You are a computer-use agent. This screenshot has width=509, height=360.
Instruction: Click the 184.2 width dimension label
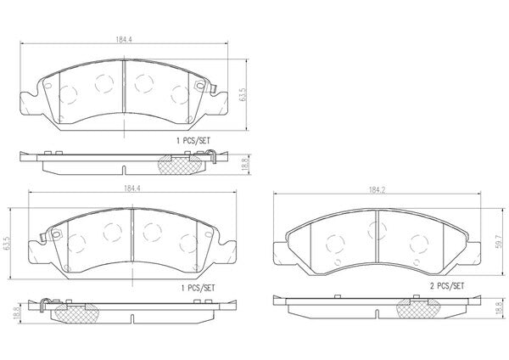point(377,190)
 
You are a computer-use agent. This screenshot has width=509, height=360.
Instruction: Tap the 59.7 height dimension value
point(498,242)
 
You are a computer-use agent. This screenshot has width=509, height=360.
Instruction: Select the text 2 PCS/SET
point(447,286)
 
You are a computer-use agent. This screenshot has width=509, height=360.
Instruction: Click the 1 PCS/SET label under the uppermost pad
point(193,141)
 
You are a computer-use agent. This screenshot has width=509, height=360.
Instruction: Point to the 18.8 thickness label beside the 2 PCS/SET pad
point(499,309)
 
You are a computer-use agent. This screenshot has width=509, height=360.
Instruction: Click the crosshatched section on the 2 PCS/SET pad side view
point(418,308)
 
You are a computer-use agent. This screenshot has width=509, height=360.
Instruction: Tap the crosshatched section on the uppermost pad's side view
point(179,165)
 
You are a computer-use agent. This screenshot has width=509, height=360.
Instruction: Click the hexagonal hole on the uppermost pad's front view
point(200,86)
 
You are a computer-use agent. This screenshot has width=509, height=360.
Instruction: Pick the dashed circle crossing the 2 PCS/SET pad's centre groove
point(377,230)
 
